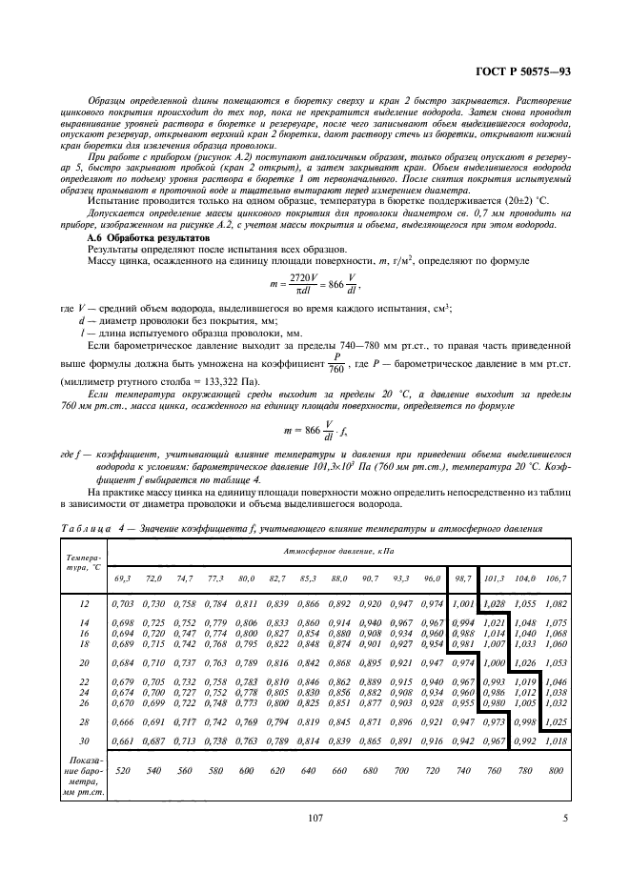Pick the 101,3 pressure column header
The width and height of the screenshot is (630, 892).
pyautogui.click(x=494, y=578)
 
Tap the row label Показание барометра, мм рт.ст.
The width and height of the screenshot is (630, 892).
pyautogui.click(x=84, y=771)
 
